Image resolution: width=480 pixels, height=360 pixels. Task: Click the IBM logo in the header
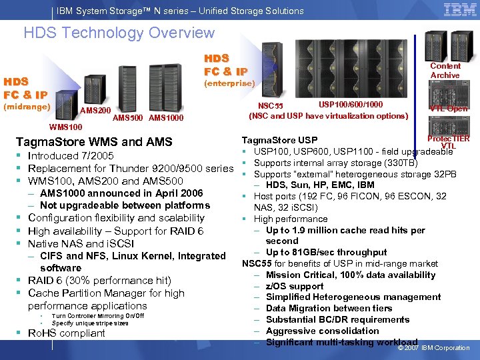coord(460,10)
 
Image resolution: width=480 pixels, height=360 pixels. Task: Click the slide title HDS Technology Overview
coord(119,33)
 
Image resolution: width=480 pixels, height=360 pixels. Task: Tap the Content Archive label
coord(445,71)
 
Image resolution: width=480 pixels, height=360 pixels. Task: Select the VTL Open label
coord(448,109)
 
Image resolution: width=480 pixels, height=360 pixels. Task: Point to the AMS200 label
coord(95,110)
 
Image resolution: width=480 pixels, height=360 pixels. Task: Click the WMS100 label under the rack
coord(66,127)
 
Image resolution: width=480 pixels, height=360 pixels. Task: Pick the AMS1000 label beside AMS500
coord(167,118)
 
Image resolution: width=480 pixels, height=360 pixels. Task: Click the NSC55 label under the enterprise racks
coord(271,105)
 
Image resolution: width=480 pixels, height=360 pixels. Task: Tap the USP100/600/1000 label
coord(351,105)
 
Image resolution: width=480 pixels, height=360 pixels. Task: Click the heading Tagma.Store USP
coord(279,140)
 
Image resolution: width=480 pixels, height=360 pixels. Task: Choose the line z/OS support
coord(294,286)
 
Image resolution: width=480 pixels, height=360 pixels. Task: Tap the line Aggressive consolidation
coord(322,331)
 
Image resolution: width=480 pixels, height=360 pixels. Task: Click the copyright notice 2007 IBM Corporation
coord(433,348)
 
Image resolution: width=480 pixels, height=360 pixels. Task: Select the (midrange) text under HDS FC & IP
coord(27,107)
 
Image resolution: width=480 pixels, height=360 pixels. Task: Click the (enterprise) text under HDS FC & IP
coord(229,83)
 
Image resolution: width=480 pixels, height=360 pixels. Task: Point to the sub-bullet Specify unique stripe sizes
coord(90,323)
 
